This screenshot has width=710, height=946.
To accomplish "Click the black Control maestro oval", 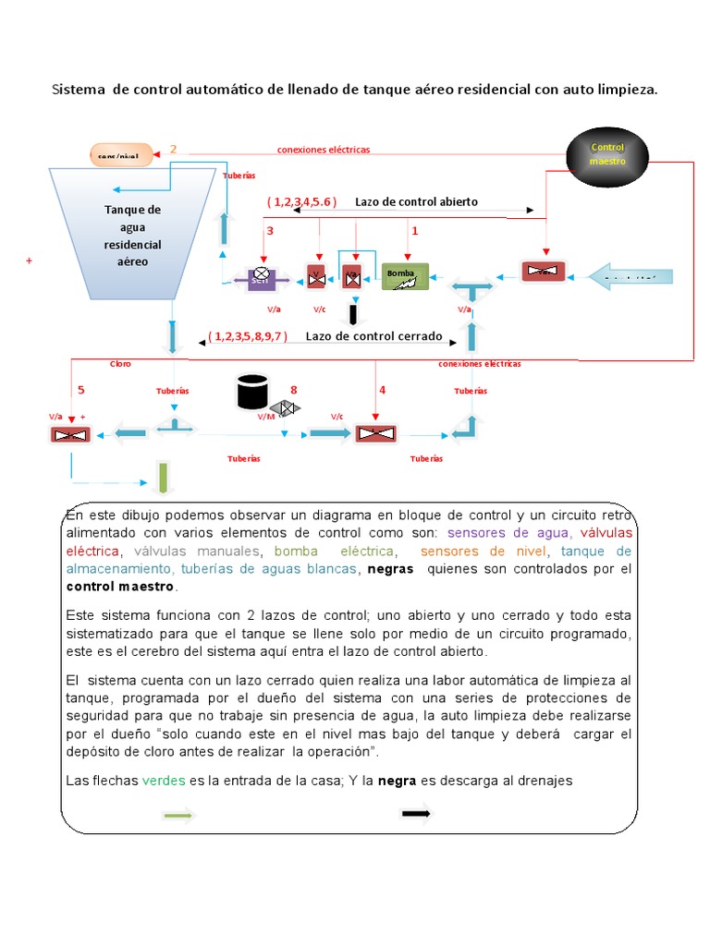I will coord(607,154).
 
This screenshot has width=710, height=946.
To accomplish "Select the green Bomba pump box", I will coord(405,275).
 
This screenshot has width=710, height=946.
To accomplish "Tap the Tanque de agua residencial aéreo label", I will coord(132,236).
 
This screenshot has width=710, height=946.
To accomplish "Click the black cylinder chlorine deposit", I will coord(251,392).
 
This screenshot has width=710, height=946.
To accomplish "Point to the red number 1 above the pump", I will coord(415,230).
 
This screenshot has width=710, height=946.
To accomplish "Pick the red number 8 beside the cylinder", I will coord(294,390).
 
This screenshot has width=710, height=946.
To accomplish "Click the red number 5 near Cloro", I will coord(80,390).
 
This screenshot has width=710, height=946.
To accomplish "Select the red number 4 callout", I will coord(383,390).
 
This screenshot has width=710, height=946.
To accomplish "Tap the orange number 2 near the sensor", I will coord(173,149).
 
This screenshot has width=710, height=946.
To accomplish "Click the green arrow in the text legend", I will coord(177,814).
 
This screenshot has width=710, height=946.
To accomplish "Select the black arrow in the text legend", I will coord(416,813).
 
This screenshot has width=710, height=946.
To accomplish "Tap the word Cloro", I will coord(120,364).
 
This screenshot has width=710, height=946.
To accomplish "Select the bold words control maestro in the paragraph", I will coord(120,587).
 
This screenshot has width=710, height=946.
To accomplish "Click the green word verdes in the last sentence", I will coord(164,781).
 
